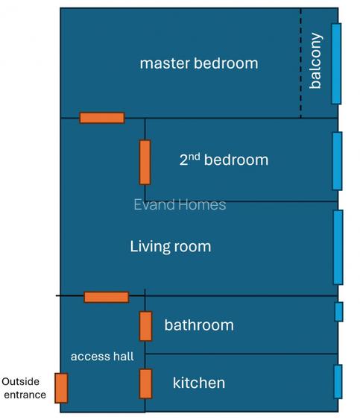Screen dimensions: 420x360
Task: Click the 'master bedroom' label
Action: (198, 63)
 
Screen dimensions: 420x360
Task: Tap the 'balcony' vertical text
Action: (315, 61)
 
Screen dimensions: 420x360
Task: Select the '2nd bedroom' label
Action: (223, 160)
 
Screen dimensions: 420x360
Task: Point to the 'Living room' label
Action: (170, 246)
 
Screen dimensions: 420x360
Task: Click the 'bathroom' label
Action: (198, 325)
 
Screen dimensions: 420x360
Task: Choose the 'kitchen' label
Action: (198, 383)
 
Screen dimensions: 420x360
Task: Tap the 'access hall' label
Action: (102, 357)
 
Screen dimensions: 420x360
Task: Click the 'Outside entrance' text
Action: (25, 388)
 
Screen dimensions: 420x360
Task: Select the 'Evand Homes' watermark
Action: (179, 204)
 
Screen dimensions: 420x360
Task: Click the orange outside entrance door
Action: (61, 388)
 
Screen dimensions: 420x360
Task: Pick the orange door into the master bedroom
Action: (101, 118)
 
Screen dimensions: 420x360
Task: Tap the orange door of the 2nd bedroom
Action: (145, 162)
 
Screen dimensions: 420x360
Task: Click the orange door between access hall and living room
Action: (106, 297)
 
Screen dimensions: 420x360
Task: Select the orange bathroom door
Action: (145, 326)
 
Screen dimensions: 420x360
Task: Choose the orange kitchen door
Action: (145, 383)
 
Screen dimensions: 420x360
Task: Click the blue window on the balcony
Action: (336, 63)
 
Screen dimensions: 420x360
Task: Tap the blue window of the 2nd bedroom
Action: (337, 161)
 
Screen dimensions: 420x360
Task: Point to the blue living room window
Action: (338, 247)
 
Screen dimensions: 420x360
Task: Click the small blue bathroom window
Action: (338, 312)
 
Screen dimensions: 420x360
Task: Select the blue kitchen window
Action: (338, 382)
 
